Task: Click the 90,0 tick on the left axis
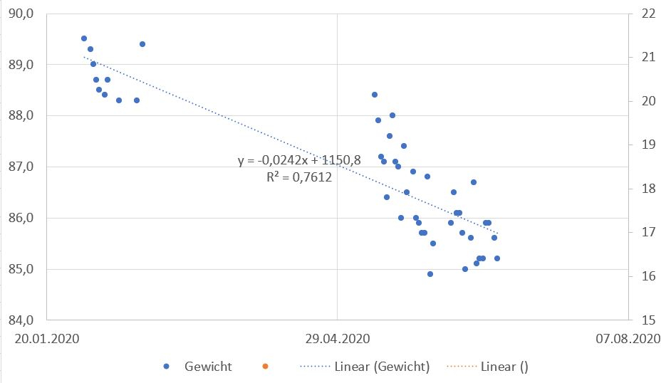pos(25,14)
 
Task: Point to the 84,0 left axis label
pos(25,320)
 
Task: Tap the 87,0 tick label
pos(25,167)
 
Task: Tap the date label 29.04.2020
pos(336,340)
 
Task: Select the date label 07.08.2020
pos(627,340)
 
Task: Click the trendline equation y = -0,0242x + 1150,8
pos(299,161)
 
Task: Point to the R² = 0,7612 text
pos(299,177)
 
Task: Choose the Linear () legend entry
pos(504,367)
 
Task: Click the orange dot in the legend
pos(264,367)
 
